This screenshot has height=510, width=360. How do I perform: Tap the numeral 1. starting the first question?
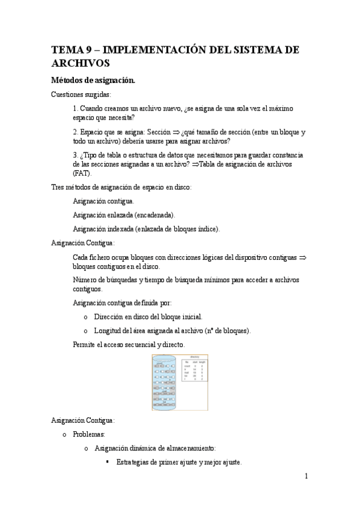pyautogui.click(x=76, y=108)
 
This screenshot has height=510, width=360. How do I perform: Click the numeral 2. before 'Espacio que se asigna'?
pyautogui.click(x=76, y=131)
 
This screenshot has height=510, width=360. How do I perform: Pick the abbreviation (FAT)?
pyautogui.click(x=82, y=173)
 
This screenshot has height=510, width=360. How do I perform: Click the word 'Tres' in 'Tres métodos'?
pyautogui.click(x=58, y=187)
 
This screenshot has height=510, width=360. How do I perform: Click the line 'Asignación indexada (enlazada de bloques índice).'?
pyautogui.click(x=146, y=229)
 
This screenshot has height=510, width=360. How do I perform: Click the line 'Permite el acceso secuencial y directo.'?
pyautogui.click(x=129, y=345)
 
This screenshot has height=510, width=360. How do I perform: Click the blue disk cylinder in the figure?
pyautogui.click(x=165, y=381)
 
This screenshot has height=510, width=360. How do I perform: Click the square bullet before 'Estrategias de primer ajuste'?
pyautogui.click(x=108, y=462)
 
